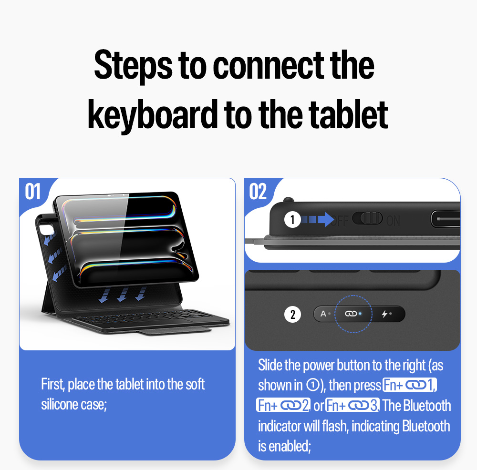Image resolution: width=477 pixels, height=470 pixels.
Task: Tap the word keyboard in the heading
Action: [x=153, y=115]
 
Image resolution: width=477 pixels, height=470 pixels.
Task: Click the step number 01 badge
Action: [x=32, y=192]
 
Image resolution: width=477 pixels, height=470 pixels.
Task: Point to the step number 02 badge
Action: [x=258, y=192]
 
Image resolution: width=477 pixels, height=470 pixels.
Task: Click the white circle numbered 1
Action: [x=292, y=219]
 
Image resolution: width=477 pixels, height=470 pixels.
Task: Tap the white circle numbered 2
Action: [x=292, y=314]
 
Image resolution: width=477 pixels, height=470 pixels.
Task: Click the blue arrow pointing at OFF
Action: [x=318, y=219]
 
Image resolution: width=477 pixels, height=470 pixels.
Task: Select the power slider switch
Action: [x=367, y=218]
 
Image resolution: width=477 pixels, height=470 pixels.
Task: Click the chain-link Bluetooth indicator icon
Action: [x=351, y=314]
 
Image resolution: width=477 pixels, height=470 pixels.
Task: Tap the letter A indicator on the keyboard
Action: [x=323, y=314]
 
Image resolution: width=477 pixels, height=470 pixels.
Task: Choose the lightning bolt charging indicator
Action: [x=385, y=314]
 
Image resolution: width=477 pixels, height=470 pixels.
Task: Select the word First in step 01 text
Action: [x=53, y=385]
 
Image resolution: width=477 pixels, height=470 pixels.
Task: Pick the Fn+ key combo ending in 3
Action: [x=353, y=405]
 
